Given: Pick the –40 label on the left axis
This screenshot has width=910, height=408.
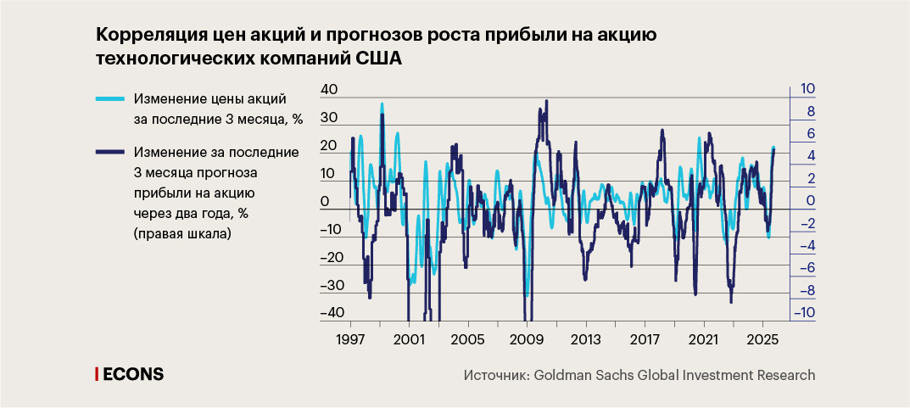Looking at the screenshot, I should click(329, 311).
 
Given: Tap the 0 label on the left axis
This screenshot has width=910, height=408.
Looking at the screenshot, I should click(325, 202).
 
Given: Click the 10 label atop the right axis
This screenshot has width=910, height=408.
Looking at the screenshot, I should click(807, 89).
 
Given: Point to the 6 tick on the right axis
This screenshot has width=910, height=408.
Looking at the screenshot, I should click(809, 134).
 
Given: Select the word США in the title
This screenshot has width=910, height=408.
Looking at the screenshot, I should click(377, 59).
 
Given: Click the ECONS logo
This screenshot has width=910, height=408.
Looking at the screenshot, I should click(130, 374).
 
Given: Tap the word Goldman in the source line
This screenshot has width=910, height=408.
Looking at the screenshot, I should click(565, 374).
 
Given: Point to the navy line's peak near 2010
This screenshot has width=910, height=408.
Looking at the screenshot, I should click(546, 101).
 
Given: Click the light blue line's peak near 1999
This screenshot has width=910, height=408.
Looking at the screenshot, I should click(382, 104).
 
